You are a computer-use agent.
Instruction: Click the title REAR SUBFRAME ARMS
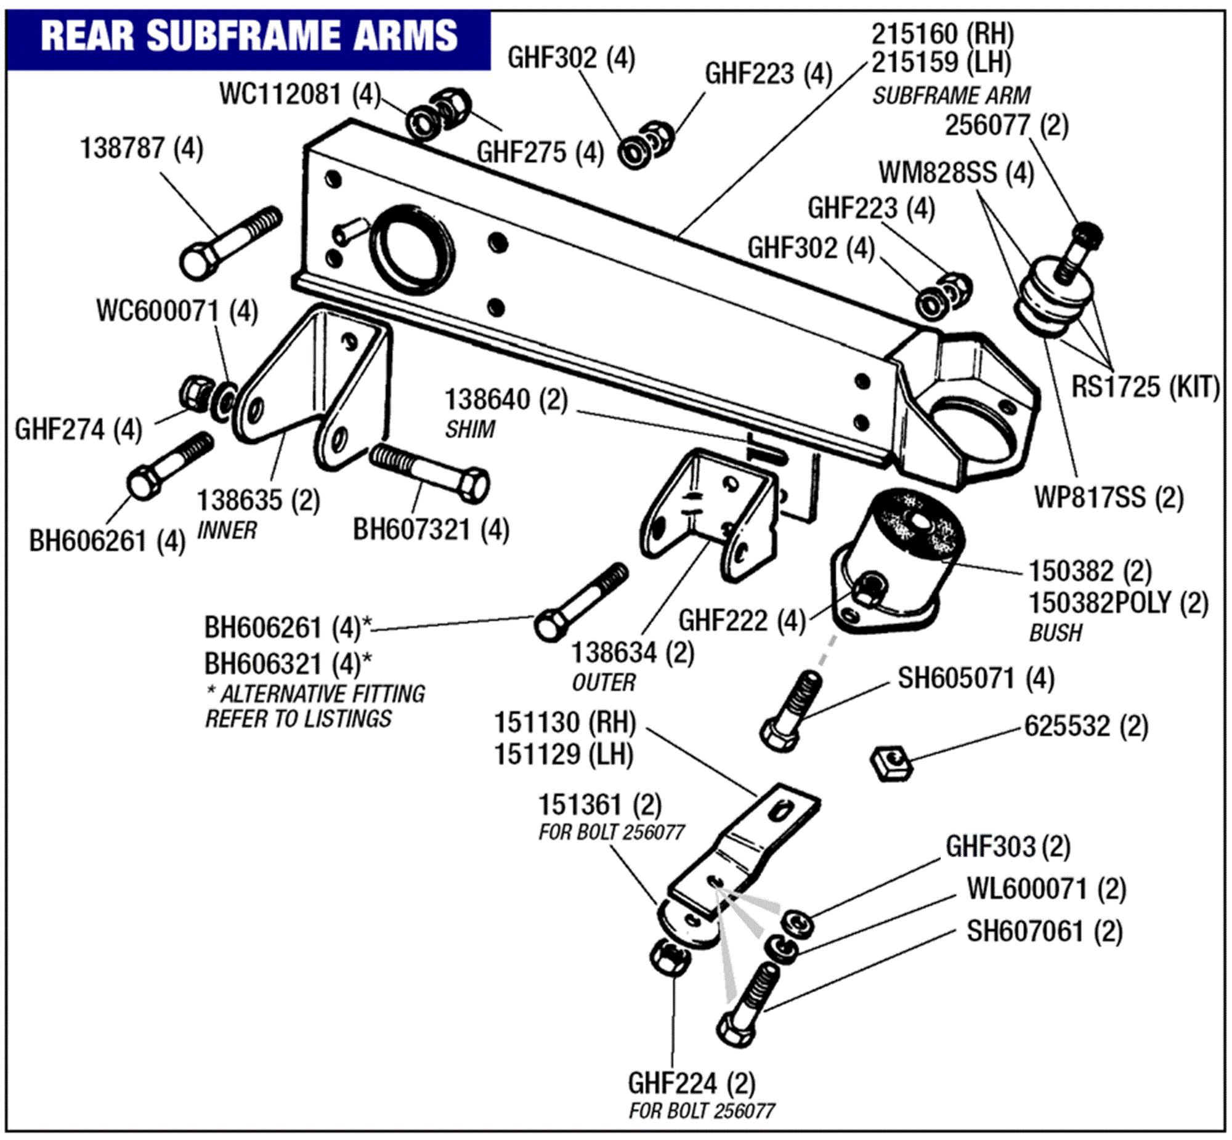[249, 35]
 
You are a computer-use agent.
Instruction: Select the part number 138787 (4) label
[142, 148]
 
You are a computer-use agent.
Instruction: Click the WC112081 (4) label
[300, 94]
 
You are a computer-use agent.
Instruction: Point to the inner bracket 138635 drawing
[312, 382]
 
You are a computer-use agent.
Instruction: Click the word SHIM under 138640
[469, 429]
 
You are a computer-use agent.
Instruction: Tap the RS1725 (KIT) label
[1145, 387]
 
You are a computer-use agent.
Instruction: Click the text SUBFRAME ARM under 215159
[950, 95]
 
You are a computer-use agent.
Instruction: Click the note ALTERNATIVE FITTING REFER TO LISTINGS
[315, 706]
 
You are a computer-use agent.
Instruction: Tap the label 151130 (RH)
[564, 722]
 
